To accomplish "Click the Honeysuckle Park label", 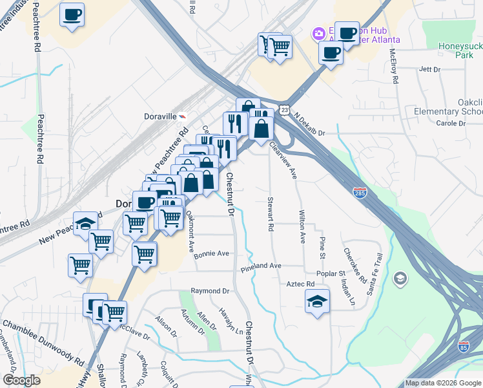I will (x=456, y=50).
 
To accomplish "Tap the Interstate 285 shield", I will (x=361, y=192).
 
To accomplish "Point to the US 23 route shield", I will (x=285, y=111).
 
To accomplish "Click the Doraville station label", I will (x=159, y=117).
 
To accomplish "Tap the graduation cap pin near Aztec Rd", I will (x=316, y=301).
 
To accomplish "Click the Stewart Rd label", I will (x=271, y=215).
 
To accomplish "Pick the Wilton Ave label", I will (x=302, y=226).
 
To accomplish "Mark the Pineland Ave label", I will (x=262, y=266).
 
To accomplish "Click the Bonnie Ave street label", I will (x=212, y=253).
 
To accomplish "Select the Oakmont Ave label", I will (x=190, y=230).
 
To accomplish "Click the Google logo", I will (x=21, y=380).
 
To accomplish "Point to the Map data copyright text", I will (x=442, y=383).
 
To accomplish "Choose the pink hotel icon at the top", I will (x=318, y=33).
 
